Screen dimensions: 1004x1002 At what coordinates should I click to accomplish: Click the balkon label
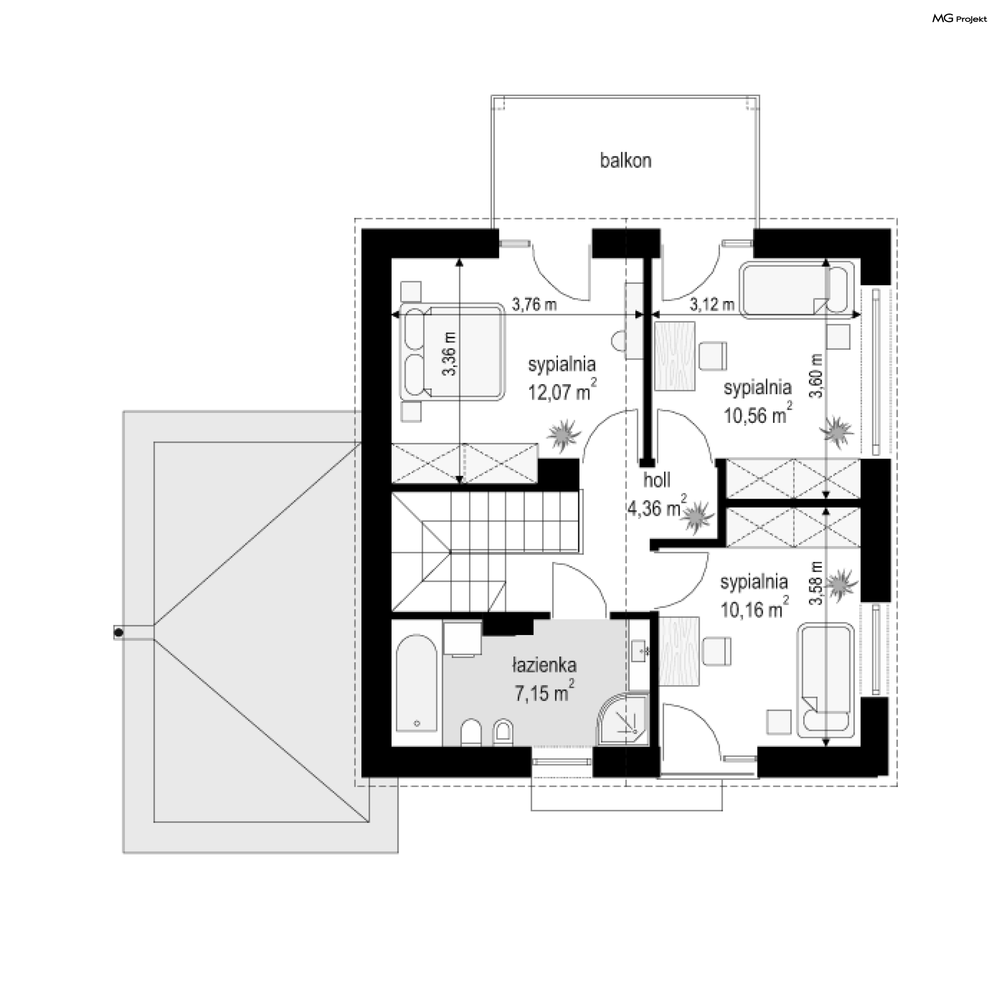click(x=625, y=160)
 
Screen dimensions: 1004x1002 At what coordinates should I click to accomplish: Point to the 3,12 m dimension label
click(x=712, y=305)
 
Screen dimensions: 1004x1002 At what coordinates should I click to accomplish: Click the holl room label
click(x=657, y=480)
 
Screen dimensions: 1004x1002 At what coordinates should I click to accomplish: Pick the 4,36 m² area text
click(x=657, y=508)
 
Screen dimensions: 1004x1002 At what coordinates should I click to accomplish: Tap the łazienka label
click(x=544, y=665)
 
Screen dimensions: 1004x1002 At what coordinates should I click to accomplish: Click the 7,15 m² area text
click(x=545, y=693)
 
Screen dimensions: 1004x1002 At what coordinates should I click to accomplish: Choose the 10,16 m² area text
click(x=754, y=608)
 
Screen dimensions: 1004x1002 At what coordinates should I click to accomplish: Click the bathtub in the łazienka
click(x=417, y=684)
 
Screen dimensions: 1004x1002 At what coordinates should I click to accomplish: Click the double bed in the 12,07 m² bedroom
click(x=452, y=352)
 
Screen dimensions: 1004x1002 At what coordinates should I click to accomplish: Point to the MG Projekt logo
click(x=960, y=19)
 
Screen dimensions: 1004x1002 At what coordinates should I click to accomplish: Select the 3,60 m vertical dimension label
click(x=817, y=376)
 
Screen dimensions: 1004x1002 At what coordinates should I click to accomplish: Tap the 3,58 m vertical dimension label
click(x=817, y=583)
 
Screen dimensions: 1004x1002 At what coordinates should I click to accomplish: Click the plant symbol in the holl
click(x=697, y=516)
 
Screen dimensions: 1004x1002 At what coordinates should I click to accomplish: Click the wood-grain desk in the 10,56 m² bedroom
click(x=675, y=355)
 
